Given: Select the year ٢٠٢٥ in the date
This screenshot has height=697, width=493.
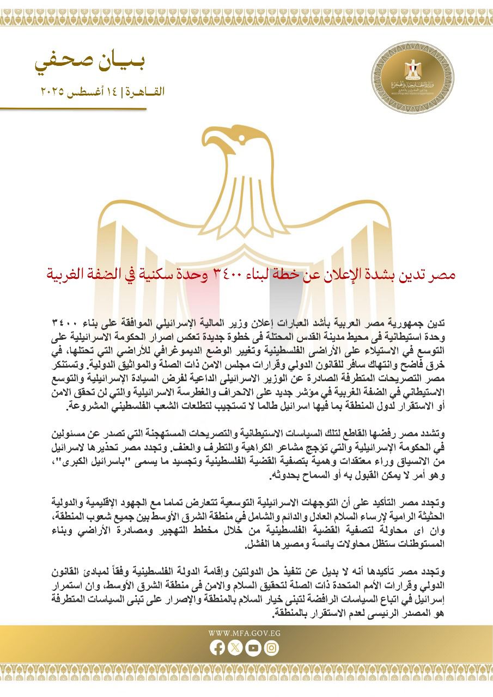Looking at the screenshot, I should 54,92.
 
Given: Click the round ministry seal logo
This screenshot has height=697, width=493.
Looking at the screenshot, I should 412,77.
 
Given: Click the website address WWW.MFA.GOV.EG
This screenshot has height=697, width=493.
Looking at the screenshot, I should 246,633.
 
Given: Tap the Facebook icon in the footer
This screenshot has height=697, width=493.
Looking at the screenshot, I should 217,648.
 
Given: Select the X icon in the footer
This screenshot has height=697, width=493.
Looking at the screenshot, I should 235,648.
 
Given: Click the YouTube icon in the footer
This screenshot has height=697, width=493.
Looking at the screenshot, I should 253,648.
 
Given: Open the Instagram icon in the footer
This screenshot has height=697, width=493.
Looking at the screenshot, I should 272,648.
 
